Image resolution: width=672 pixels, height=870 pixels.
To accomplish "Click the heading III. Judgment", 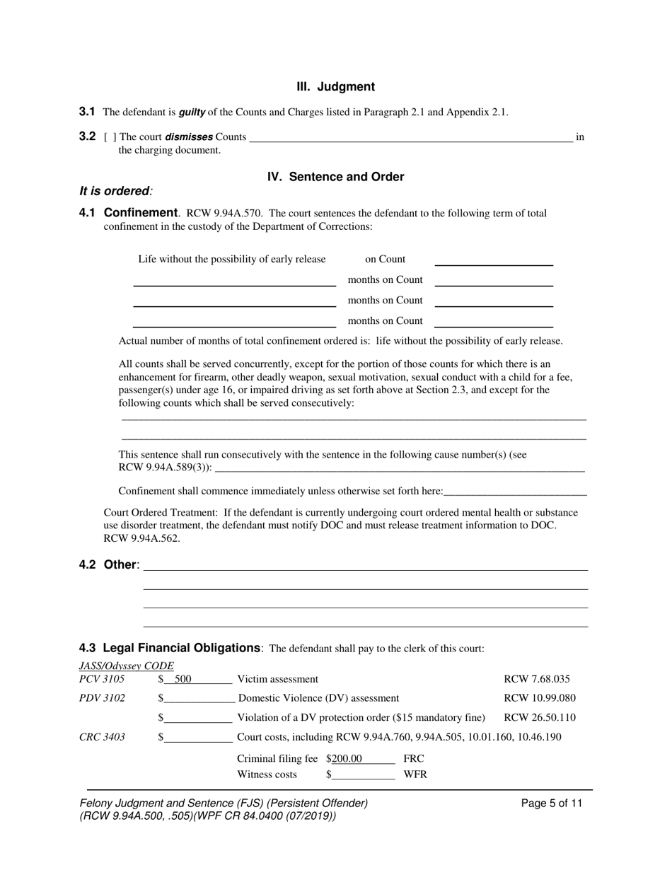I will click(335, 87).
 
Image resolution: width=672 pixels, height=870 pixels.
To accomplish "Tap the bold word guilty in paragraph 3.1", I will click(192, 112).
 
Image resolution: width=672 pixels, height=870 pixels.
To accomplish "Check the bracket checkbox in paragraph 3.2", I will click(110, 137).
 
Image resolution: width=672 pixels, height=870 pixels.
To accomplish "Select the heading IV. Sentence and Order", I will click(335, 177).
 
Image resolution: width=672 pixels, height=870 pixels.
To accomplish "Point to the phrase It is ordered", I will click(115, 191).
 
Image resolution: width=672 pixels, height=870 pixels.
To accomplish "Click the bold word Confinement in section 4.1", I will click(141, 213).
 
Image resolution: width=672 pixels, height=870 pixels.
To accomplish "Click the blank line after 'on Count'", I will click(493, 260).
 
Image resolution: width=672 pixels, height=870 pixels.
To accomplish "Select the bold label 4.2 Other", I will click(109, 564).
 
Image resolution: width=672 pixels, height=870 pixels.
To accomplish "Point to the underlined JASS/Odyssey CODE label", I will click(126, 666).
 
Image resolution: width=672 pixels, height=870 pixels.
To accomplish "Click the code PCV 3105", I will click(102, 679).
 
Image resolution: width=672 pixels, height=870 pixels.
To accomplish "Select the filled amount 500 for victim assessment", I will click(183, 679).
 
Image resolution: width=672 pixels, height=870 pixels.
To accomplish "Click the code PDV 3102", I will click(102, 698).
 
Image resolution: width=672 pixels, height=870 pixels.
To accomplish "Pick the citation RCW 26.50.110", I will click(540, 717).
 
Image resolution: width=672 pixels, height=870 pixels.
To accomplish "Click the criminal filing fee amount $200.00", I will click(344, 759).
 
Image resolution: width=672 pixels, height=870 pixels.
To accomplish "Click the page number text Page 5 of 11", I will click(551, 804).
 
